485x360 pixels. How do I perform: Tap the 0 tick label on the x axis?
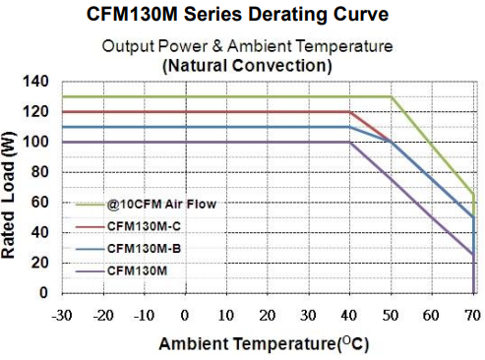[184, 315]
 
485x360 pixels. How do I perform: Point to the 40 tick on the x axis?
[349, 315]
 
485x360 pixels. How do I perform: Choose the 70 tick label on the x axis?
[472, 315]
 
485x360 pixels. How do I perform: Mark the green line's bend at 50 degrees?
[391, 96]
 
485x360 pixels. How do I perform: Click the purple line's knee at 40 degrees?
[349, 142]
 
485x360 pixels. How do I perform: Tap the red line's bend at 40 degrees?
[349, 111]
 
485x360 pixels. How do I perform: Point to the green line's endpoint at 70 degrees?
[473, 194]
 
